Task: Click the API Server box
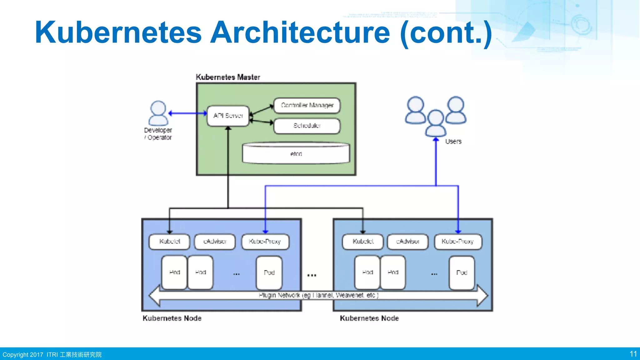tap(228, 116)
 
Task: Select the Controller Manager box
tap(307, 105)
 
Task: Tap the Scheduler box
tap(307, 126)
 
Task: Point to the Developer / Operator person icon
tap(158, 113)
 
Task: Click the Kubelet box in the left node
tap(169, 242)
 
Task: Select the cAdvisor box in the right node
tap(407, 242)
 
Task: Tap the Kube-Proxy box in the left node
tap(265, 242)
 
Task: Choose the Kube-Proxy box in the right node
tap(458, 242)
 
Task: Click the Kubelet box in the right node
tap(363, 242)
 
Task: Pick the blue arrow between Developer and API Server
tap(187, 113)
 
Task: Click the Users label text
tap(453, 142)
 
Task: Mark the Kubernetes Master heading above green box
tap(228, 77)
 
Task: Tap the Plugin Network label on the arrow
tap(318, 295)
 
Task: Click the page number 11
tap(633, 354)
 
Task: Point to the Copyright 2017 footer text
tap(23, 355)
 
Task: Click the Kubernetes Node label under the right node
tap(369, 318)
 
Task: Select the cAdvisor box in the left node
tap(215, 242)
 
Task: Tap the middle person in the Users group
tap(436, 123)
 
